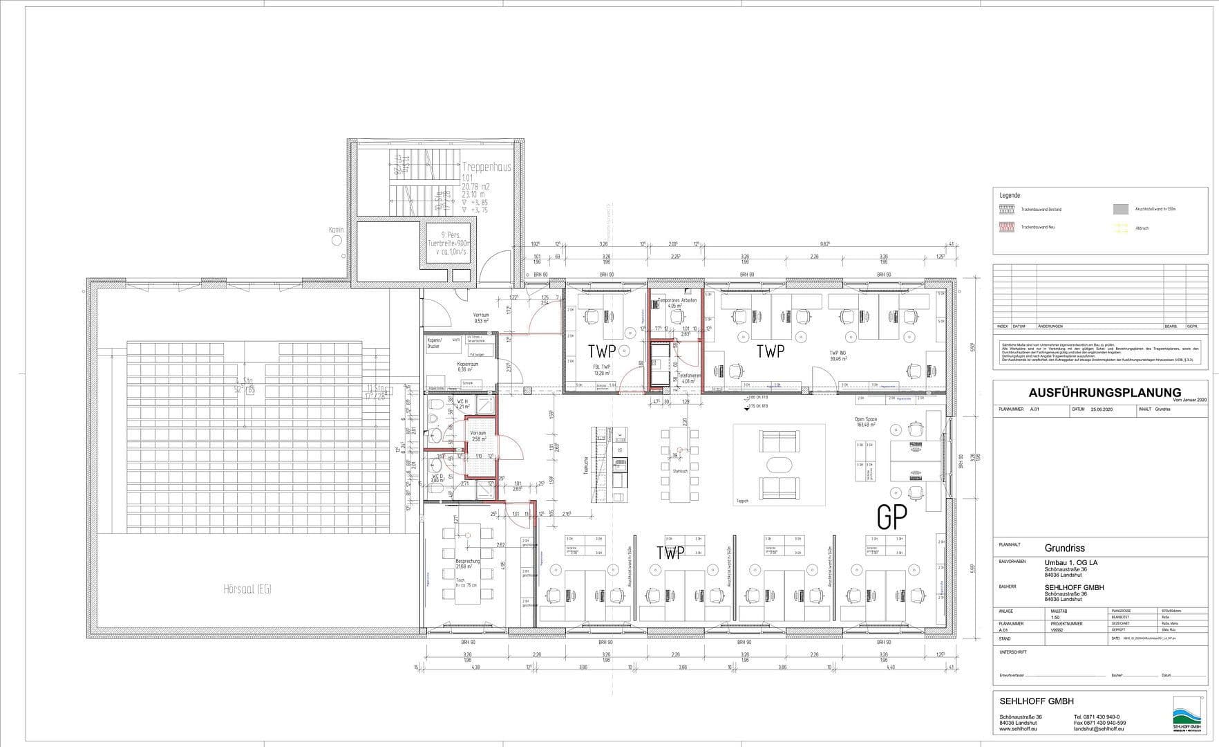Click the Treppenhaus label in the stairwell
point(486,167)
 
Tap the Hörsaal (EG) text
point(247,589)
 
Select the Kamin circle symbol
point(337,241)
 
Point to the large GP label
point(891,517)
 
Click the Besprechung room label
point(468,562)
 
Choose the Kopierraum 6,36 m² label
point(468,366)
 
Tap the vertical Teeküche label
point(585,464)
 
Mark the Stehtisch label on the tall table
point(680,471)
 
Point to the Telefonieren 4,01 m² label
point(690,378)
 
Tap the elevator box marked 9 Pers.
point(448,243)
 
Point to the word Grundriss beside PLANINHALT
point(1064,548)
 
